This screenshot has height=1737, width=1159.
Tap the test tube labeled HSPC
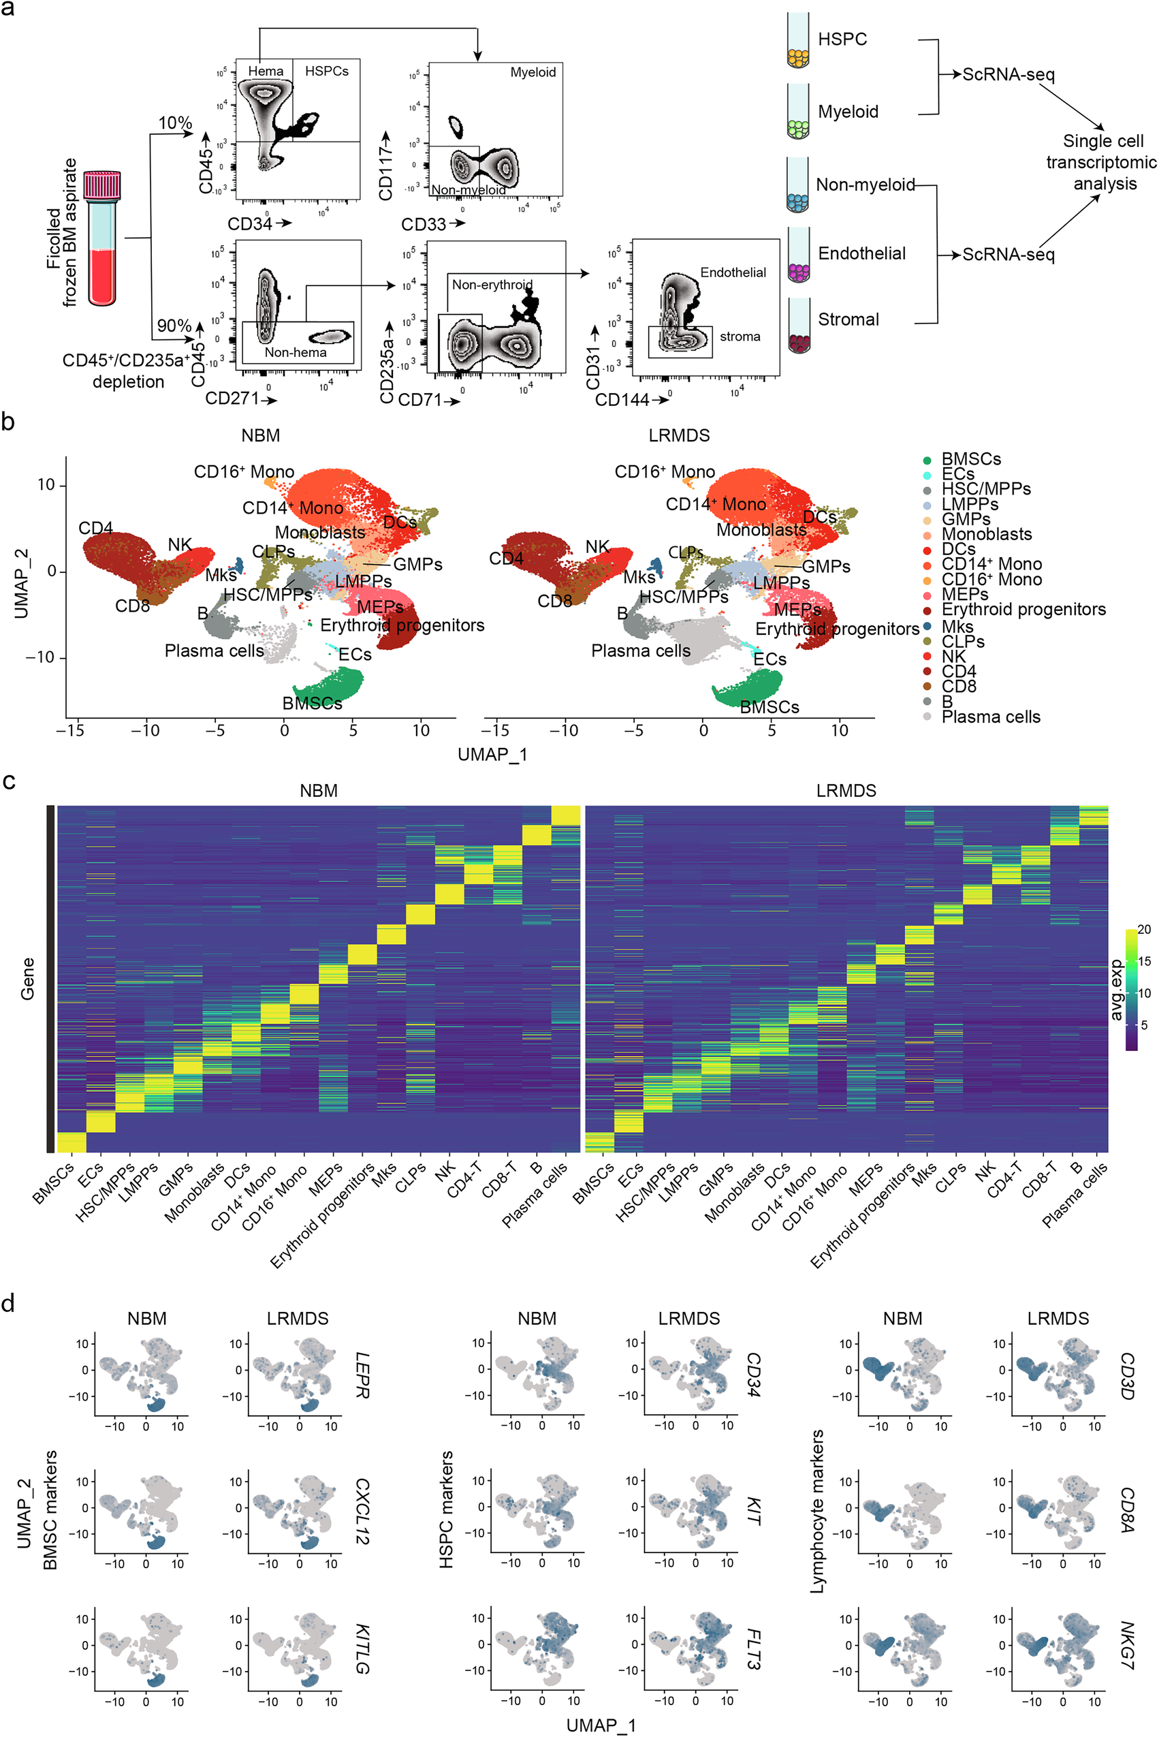click(797, 41)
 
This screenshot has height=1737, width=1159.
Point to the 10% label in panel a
click(175, 123)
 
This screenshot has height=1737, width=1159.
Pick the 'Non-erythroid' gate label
click(492, 285)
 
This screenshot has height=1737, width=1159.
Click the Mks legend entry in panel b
click(957, 626)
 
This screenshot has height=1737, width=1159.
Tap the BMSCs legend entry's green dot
click(927, 460)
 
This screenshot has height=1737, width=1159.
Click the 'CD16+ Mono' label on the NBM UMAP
click(244, 472)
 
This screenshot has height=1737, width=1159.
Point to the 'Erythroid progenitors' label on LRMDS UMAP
click(837, 629)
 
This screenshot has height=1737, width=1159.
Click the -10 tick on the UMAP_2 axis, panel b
click(41, 657)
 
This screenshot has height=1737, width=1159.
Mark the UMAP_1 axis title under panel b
click(492, 754)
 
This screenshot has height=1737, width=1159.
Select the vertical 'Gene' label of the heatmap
click(27, 978)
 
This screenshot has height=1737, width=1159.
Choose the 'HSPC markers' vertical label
click(446, 1509)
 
